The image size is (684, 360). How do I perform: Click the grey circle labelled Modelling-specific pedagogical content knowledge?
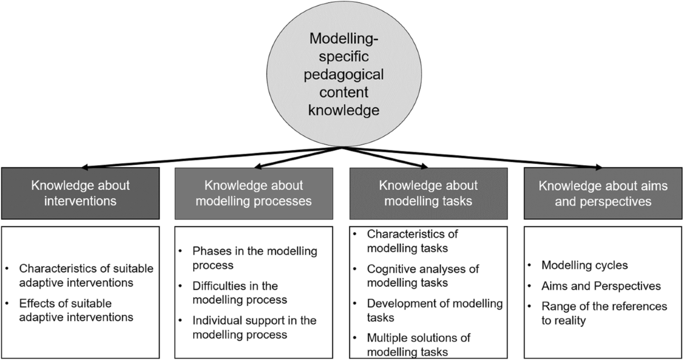coord(344,74)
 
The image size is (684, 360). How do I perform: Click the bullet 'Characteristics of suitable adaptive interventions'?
coord(85,276)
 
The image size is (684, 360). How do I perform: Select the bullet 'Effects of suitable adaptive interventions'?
coord(76,309)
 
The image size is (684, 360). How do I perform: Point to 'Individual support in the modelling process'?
coord(254,327)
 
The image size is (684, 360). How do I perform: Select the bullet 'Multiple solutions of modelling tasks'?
coord(419,345)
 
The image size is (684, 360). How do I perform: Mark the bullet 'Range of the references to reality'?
coord(604,313)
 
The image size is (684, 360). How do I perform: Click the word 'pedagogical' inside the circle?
coord(344,75)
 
